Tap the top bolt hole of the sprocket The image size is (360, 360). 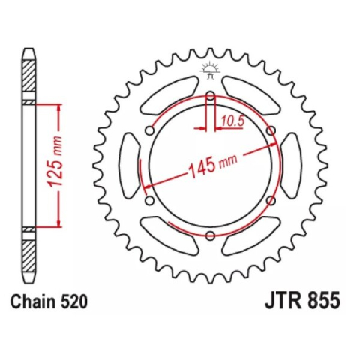[x=211, y=96]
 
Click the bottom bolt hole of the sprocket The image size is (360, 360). [x=211, y=236]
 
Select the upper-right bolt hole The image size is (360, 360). [x=271, y=131]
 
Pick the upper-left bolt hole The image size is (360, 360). [x=150, y=131]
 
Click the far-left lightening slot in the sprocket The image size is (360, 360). [x=128, y=166]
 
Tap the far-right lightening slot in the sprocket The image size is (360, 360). [x=293, y=166]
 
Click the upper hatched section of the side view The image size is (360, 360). [x=28, y=79]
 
